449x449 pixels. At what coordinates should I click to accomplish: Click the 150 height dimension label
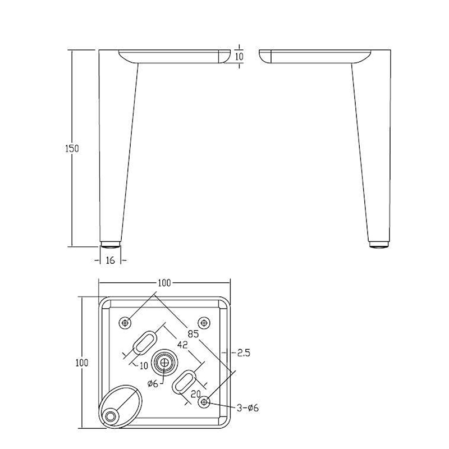[72, 149]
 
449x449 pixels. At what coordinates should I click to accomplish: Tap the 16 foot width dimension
[110, 260]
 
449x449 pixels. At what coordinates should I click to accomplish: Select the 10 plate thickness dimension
[239, 57]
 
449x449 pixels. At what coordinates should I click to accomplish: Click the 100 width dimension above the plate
[164, 283]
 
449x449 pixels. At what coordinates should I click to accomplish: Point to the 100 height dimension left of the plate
[82, 363]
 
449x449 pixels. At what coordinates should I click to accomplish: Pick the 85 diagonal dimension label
[193, 333]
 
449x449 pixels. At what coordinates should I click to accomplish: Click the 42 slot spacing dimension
[182, 345]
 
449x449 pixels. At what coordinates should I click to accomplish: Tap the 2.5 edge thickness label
[244, 352]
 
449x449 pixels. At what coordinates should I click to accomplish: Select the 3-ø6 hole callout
[248, 407]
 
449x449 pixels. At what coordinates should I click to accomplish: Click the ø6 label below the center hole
[153, 383]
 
